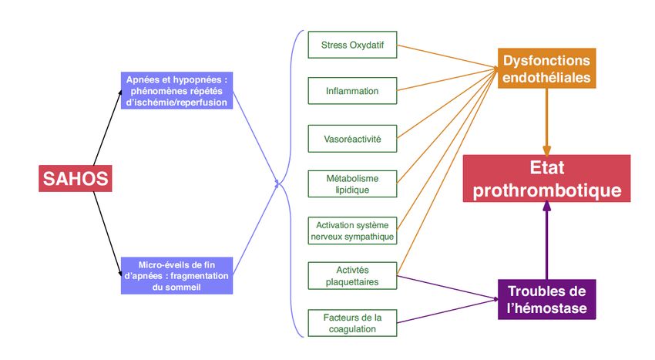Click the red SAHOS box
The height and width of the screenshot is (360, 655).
[x=75, y=180]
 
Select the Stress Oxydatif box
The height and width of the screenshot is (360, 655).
[x=352, y=45]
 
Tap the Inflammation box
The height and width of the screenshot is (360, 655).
[x=352, y=91]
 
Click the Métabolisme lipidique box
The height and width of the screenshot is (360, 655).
[x=352, y=183]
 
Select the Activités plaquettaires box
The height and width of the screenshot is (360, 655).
[x=352, y=277]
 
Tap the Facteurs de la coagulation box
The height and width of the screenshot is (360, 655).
[x=352, y=323]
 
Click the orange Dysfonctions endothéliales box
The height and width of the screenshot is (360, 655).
[x=546, y=69]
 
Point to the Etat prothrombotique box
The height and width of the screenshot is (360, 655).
[x=546, y=179]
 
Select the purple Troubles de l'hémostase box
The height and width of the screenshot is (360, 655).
[x=546, y=300]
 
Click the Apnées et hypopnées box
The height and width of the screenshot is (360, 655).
[x=177, y=91]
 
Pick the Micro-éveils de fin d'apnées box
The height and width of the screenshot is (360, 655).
[x=177, y=275]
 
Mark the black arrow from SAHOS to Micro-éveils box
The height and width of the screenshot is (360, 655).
[x=107, y=231]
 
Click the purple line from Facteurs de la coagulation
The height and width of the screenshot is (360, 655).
[x=447, y=310]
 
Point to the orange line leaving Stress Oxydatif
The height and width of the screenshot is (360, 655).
[x=447, y=57]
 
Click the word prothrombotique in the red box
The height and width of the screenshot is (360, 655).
[x=546, y=190]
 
